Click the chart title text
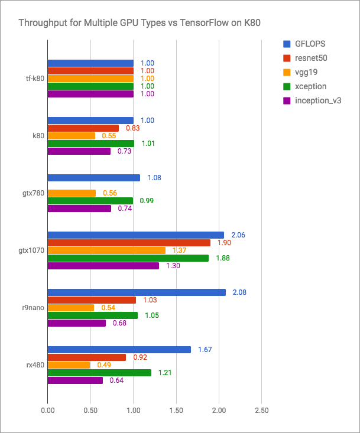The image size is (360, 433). point(140,23)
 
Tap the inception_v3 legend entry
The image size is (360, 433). point(313,100)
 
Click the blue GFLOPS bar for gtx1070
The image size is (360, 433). point(135,235)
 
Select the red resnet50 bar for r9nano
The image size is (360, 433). point(92,300)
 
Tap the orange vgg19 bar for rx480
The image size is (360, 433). point(69,365)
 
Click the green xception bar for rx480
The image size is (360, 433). point(99,373)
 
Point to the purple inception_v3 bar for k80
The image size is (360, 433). point(79,151)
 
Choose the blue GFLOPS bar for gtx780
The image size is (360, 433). point(93,178)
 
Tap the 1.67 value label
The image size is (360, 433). point(205,350)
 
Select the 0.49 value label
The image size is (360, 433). point(104,365)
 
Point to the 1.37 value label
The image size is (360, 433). point(179,250)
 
